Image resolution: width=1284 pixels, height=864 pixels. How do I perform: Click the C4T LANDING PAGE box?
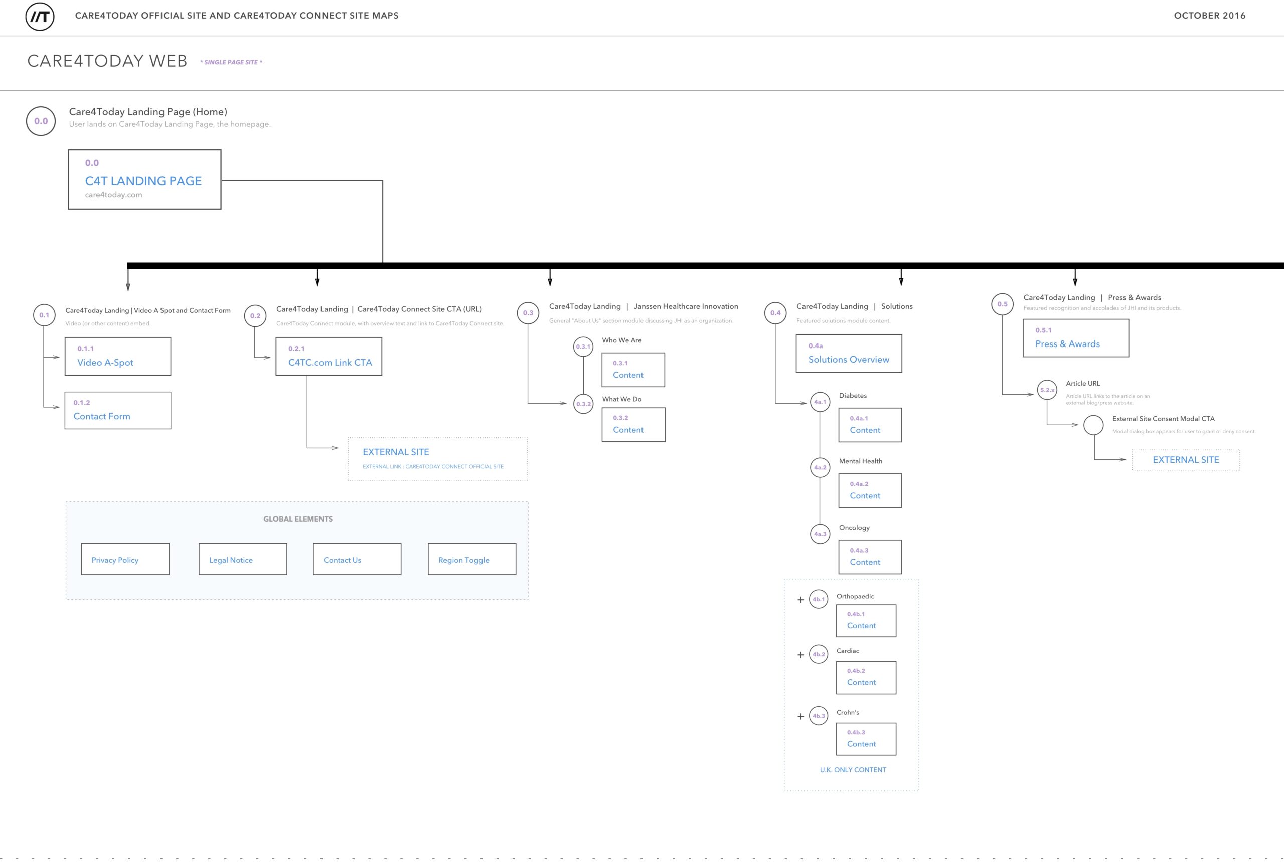click(x=144, y=180)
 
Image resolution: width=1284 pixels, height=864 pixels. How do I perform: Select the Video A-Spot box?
click(x=118, y=357)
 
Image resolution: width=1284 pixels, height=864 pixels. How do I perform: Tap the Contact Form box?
click(x=118, y=411)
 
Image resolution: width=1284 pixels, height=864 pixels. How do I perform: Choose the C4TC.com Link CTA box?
click(x=329, y=357)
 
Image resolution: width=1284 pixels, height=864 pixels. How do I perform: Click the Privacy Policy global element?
click(x=125, y=559)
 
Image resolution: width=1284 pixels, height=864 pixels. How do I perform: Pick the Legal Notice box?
click(x=243, y=559)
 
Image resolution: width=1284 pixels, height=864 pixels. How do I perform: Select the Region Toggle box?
click(x=472, y=559)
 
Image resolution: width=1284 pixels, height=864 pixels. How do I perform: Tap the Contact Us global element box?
click(x=357, y=559)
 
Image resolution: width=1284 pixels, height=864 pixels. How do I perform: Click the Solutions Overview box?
click(x=849, y=353)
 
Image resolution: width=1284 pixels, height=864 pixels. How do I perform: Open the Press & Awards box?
click(x=1076, y=338)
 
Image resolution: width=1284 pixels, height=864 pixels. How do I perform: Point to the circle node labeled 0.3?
click(x=528, y=313)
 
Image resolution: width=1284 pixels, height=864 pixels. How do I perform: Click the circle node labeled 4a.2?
click(x=820, y=468)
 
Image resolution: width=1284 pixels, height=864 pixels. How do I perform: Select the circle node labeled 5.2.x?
click(x=1047, y=390)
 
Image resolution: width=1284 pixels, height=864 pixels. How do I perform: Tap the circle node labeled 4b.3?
click(x=819, y=716)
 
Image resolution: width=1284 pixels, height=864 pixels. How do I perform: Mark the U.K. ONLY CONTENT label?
click(x=853, y=770)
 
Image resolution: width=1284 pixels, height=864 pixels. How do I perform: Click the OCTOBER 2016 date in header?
click(x=1210, y=16)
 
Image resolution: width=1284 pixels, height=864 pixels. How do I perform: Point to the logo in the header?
click(x=40, y=16)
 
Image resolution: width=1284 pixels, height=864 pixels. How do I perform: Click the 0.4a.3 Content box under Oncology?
click(x=870, y=557)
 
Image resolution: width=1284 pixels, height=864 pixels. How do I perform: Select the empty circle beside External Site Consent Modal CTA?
click(x=1094, y=425)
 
